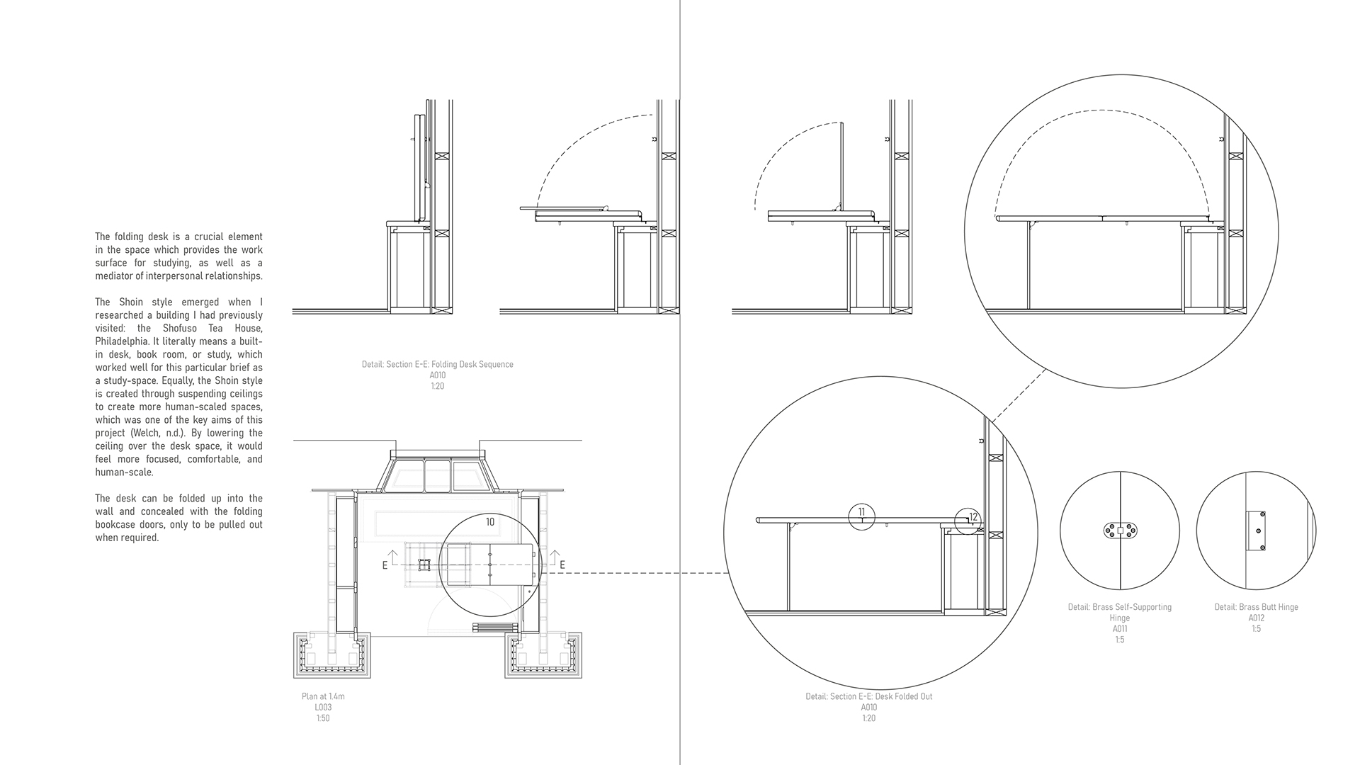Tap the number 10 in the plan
490,522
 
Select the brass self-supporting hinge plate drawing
1120,531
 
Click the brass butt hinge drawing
1256,531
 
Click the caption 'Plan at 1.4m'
323,696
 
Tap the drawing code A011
1119,628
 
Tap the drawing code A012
1256,618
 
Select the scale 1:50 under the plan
323,718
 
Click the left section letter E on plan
385,565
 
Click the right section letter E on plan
562,565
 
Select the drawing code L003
323,707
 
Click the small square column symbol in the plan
424,565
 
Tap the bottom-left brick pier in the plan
331,655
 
